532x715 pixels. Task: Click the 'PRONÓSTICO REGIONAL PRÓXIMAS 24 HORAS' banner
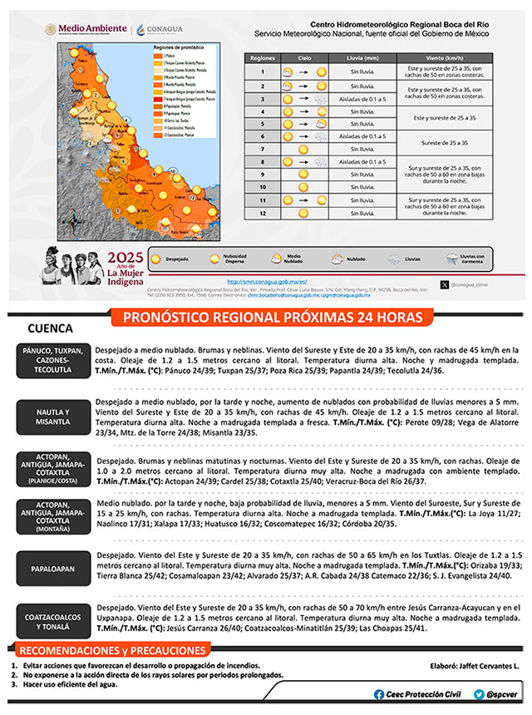(273, 317)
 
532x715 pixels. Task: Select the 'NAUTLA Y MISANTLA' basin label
(52, 417)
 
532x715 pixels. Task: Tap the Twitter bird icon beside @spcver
(480, 694)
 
